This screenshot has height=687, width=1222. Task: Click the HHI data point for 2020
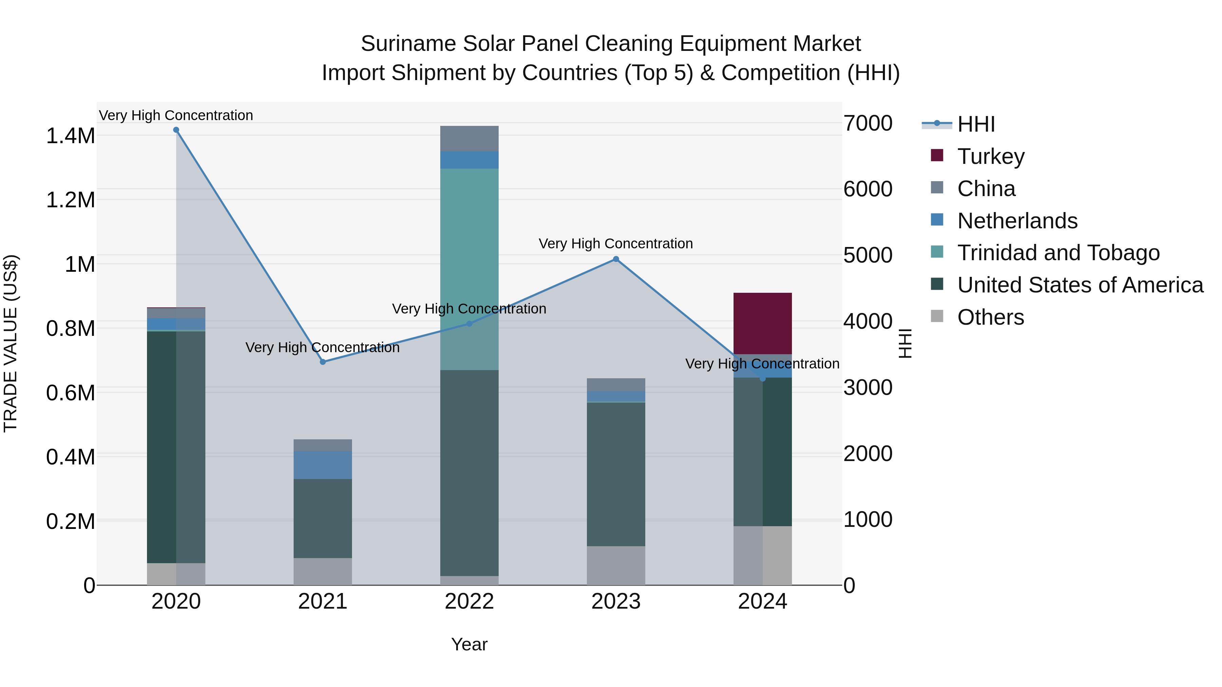[x=176, y=130]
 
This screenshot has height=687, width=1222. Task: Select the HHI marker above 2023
[x=616, y=259]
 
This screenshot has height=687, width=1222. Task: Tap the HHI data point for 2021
[x=322, y=362]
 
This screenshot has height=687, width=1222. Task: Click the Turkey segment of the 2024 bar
[x=762, y=323]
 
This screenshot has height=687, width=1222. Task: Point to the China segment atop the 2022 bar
[x=469, y=138]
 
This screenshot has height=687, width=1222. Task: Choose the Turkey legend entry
[x=990, y=156]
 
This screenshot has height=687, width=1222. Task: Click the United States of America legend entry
[x=1080, y=285]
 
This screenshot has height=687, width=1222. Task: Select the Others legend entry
[x=990, y=317]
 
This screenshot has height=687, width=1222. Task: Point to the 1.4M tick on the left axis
[x=70, y=136]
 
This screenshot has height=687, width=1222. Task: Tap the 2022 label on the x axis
[x=469, y=602]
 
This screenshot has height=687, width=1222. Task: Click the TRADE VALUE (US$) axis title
[x=11, y=343]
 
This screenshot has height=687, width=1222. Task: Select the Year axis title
[x=469, y=644]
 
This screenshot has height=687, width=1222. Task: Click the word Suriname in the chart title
[x=408, y=44]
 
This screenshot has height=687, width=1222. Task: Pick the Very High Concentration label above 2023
[x=616, y=244]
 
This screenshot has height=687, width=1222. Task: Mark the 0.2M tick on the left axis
[x=70, y=521]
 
